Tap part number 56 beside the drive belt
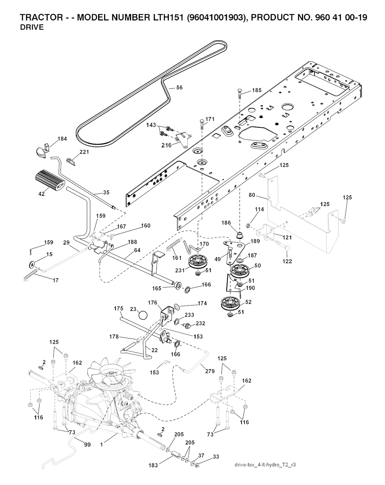179,88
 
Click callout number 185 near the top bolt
257,90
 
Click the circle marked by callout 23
143,314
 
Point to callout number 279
210,371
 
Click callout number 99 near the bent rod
87,445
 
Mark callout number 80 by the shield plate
252,195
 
